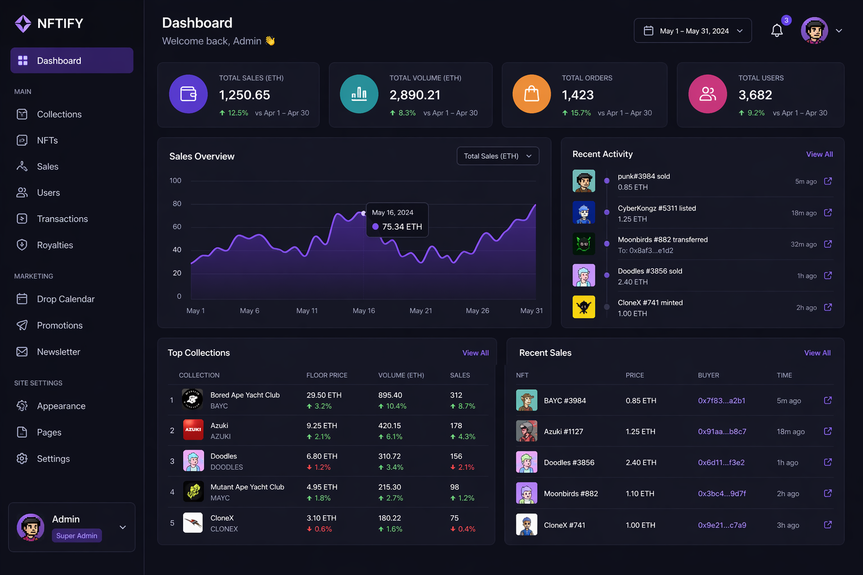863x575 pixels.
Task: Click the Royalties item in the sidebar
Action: point(54,245)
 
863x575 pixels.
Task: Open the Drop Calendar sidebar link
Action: point(65,299)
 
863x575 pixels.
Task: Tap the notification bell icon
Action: point(776,31)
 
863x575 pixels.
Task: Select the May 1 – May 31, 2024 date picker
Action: point(693,31)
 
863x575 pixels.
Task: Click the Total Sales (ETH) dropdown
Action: point(497,156)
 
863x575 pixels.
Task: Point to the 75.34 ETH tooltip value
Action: point(402,227)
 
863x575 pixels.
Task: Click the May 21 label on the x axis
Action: point(420,311)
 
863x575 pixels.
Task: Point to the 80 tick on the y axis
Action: point(177,204)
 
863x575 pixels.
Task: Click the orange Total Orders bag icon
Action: point(532,94)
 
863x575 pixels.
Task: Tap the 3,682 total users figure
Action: point(755,95)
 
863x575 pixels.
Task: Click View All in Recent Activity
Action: point(819,154)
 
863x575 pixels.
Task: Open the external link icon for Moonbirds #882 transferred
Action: point(828,244)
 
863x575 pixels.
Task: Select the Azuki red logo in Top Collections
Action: point(193,430)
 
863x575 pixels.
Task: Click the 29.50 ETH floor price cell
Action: point(324,395)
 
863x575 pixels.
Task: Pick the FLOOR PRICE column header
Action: point(326,375)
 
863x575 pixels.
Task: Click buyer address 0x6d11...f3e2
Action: point(721,463)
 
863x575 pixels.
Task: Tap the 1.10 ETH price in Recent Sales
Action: point(639,494)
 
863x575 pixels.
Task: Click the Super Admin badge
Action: point(76,536)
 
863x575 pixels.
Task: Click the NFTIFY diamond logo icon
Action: point(23,24)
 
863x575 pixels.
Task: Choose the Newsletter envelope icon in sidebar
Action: point(22,352)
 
